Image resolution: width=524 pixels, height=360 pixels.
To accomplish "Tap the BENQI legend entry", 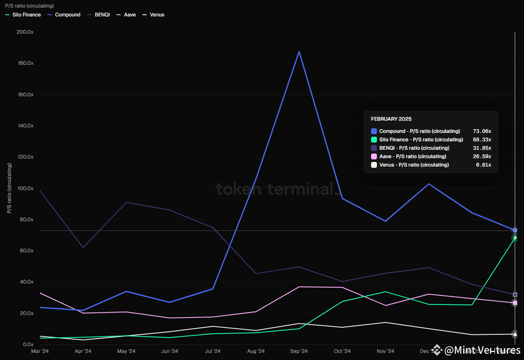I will (99, 15).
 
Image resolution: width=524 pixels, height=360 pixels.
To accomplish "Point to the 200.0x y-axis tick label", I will (24, 32).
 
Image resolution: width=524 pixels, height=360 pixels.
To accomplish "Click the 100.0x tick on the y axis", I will (24, 188).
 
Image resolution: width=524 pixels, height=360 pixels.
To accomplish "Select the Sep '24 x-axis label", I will (299, 351).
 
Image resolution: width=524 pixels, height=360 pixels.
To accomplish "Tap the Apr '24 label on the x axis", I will (83, 351).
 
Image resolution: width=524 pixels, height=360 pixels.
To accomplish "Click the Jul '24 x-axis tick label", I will (213, 351).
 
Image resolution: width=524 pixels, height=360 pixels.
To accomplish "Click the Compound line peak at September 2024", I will (299, 51).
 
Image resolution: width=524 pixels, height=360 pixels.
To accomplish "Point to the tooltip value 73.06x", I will (482, 131).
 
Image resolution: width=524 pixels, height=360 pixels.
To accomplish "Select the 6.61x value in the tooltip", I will (484, 165).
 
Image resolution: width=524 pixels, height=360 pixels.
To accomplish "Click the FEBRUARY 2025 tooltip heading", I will (391, 119).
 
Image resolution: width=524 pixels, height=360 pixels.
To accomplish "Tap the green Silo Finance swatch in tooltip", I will (374, 140).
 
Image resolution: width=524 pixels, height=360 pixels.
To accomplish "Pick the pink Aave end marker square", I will (515, 303).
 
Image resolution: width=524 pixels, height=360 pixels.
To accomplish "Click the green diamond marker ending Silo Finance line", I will (515, 238).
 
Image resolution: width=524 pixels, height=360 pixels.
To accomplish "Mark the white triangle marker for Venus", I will (514, 334).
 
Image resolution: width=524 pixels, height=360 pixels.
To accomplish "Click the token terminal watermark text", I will (277, 189).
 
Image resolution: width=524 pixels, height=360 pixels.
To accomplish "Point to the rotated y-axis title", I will (9, 188).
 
